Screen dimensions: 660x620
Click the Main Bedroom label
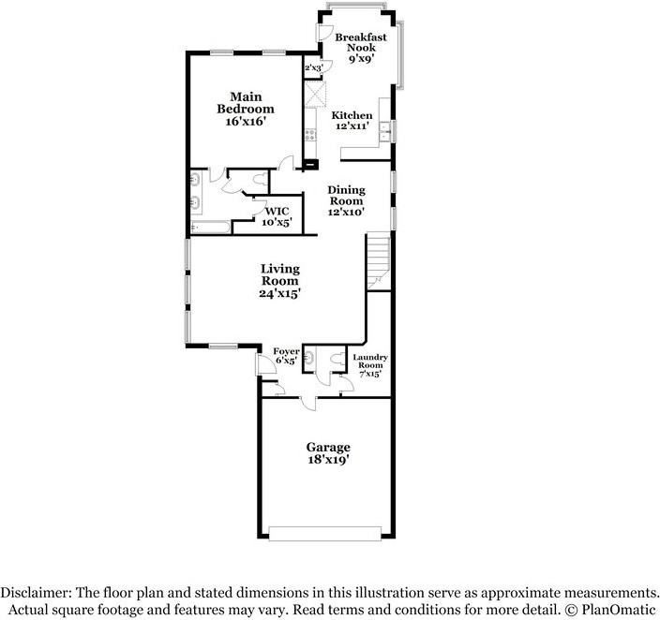[x=246, y=103]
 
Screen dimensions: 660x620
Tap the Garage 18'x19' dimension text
[x=328, y=459]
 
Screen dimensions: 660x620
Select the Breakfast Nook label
[x=361, y=42]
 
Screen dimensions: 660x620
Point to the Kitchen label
[x=352, y=115]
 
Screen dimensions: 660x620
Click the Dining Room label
[x=347, y=195]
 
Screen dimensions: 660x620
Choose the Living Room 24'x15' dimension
[x=279, y=293]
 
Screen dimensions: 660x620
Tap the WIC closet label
[x=277, y=211]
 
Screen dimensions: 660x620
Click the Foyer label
[x=286, y=351]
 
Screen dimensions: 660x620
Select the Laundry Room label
[x=370, y=361]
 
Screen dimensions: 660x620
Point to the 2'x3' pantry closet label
[x=313, y=67]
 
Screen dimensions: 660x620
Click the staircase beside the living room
[x=379, y=260]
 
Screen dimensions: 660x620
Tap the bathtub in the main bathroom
[x=210, y=228]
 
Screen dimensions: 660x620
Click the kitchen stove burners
[x=310, y=135]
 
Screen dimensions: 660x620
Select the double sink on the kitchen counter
[x=385, y=131]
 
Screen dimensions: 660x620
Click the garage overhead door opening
[x=325, y=533]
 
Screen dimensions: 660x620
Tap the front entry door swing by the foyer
[x=266, y=363]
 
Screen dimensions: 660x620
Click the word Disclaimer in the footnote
[x=36, y=593]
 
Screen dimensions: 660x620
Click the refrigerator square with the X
[x=315, y=94]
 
